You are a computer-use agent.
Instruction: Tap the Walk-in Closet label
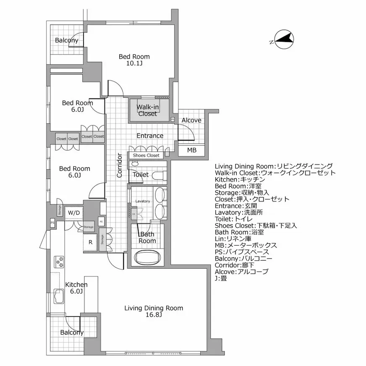click(147, 110)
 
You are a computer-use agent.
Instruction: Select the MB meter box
click(191, 150)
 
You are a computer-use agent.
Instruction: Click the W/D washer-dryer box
click(74, 213)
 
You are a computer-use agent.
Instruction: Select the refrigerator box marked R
click(90, 242)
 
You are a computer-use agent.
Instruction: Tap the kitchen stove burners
click(60, 262)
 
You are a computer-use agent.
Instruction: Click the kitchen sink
click(58, 298)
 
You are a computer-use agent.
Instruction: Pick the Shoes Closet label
click(146, 155)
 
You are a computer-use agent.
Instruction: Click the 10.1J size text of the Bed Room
click(134, 64)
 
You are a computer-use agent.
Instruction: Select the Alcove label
click(191, 120)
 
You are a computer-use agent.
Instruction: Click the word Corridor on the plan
click(120, 165)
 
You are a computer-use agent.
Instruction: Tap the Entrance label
click(150, 136)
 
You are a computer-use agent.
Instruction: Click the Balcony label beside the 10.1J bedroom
click(66, 41)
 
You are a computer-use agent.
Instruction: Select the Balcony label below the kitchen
click(71, 332)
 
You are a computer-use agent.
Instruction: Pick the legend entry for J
click(221, 278)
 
